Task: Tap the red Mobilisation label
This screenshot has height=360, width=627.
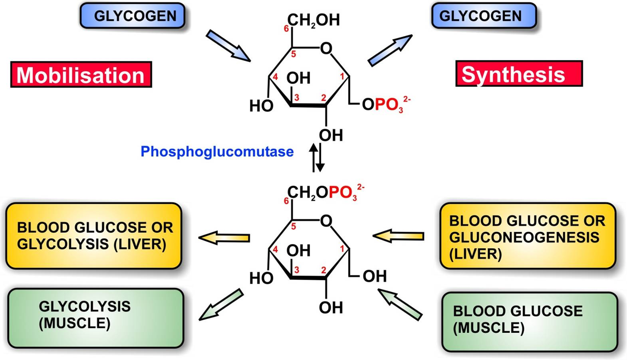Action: [81, 74]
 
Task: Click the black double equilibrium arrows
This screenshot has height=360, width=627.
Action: [318, 158]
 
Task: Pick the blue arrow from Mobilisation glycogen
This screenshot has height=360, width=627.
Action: [228, 46]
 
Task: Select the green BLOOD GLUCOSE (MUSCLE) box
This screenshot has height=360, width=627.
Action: [529, 321]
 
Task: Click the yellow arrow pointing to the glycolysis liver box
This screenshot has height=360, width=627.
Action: [224, 237]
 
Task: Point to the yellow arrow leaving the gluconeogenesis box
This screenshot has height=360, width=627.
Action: [398, 236]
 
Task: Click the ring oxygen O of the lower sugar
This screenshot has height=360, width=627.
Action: [327, 221]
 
